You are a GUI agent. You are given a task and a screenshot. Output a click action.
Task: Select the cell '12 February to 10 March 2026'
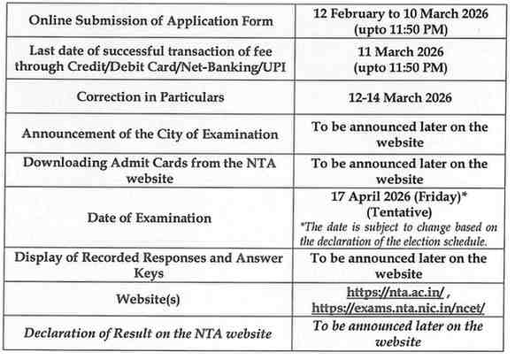pos(399,13)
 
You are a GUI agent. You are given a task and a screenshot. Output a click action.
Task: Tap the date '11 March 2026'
pos(399,52)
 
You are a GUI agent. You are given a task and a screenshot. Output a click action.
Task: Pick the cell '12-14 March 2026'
pos(399,97)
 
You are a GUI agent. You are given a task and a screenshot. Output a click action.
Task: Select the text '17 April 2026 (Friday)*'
pos(399,196)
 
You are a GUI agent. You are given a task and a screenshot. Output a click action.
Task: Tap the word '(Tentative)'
pos(399,212)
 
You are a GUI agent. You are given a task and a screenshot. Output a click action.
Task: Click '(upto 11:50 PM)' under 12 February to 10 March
pos(399,29)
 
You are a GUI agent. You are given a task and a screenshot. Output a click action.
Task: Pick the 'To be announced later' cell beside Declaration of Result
pos(399,333)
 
